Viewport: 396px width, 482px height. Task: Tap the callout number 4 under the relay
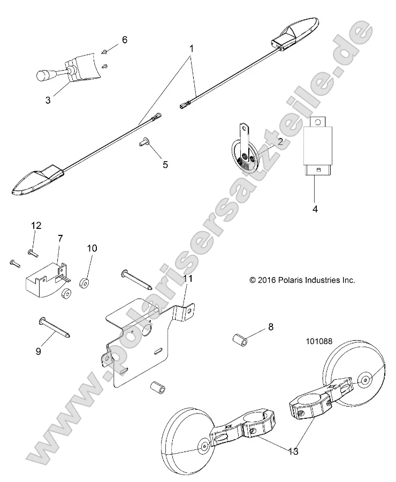(315, 209)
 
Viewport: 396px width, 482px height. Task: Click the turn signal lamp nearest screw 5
(38, 182)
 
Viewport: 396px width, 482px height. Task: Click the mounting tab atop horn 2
(247, 128)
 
